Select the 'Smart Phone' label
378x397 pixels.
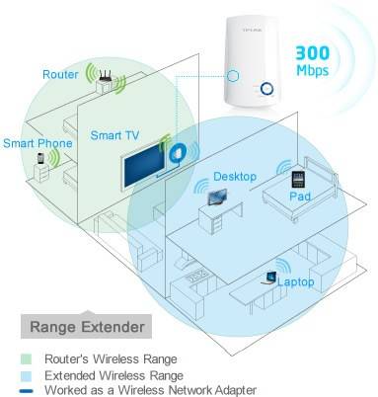[34, 141]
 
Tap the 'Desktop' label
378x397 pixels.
[234, 177]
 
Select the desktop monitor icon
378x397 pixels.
[216, 195]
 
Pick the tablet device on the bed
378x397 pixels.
[297, 180]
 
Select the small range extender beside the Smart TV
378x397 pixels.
[180, 154]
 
